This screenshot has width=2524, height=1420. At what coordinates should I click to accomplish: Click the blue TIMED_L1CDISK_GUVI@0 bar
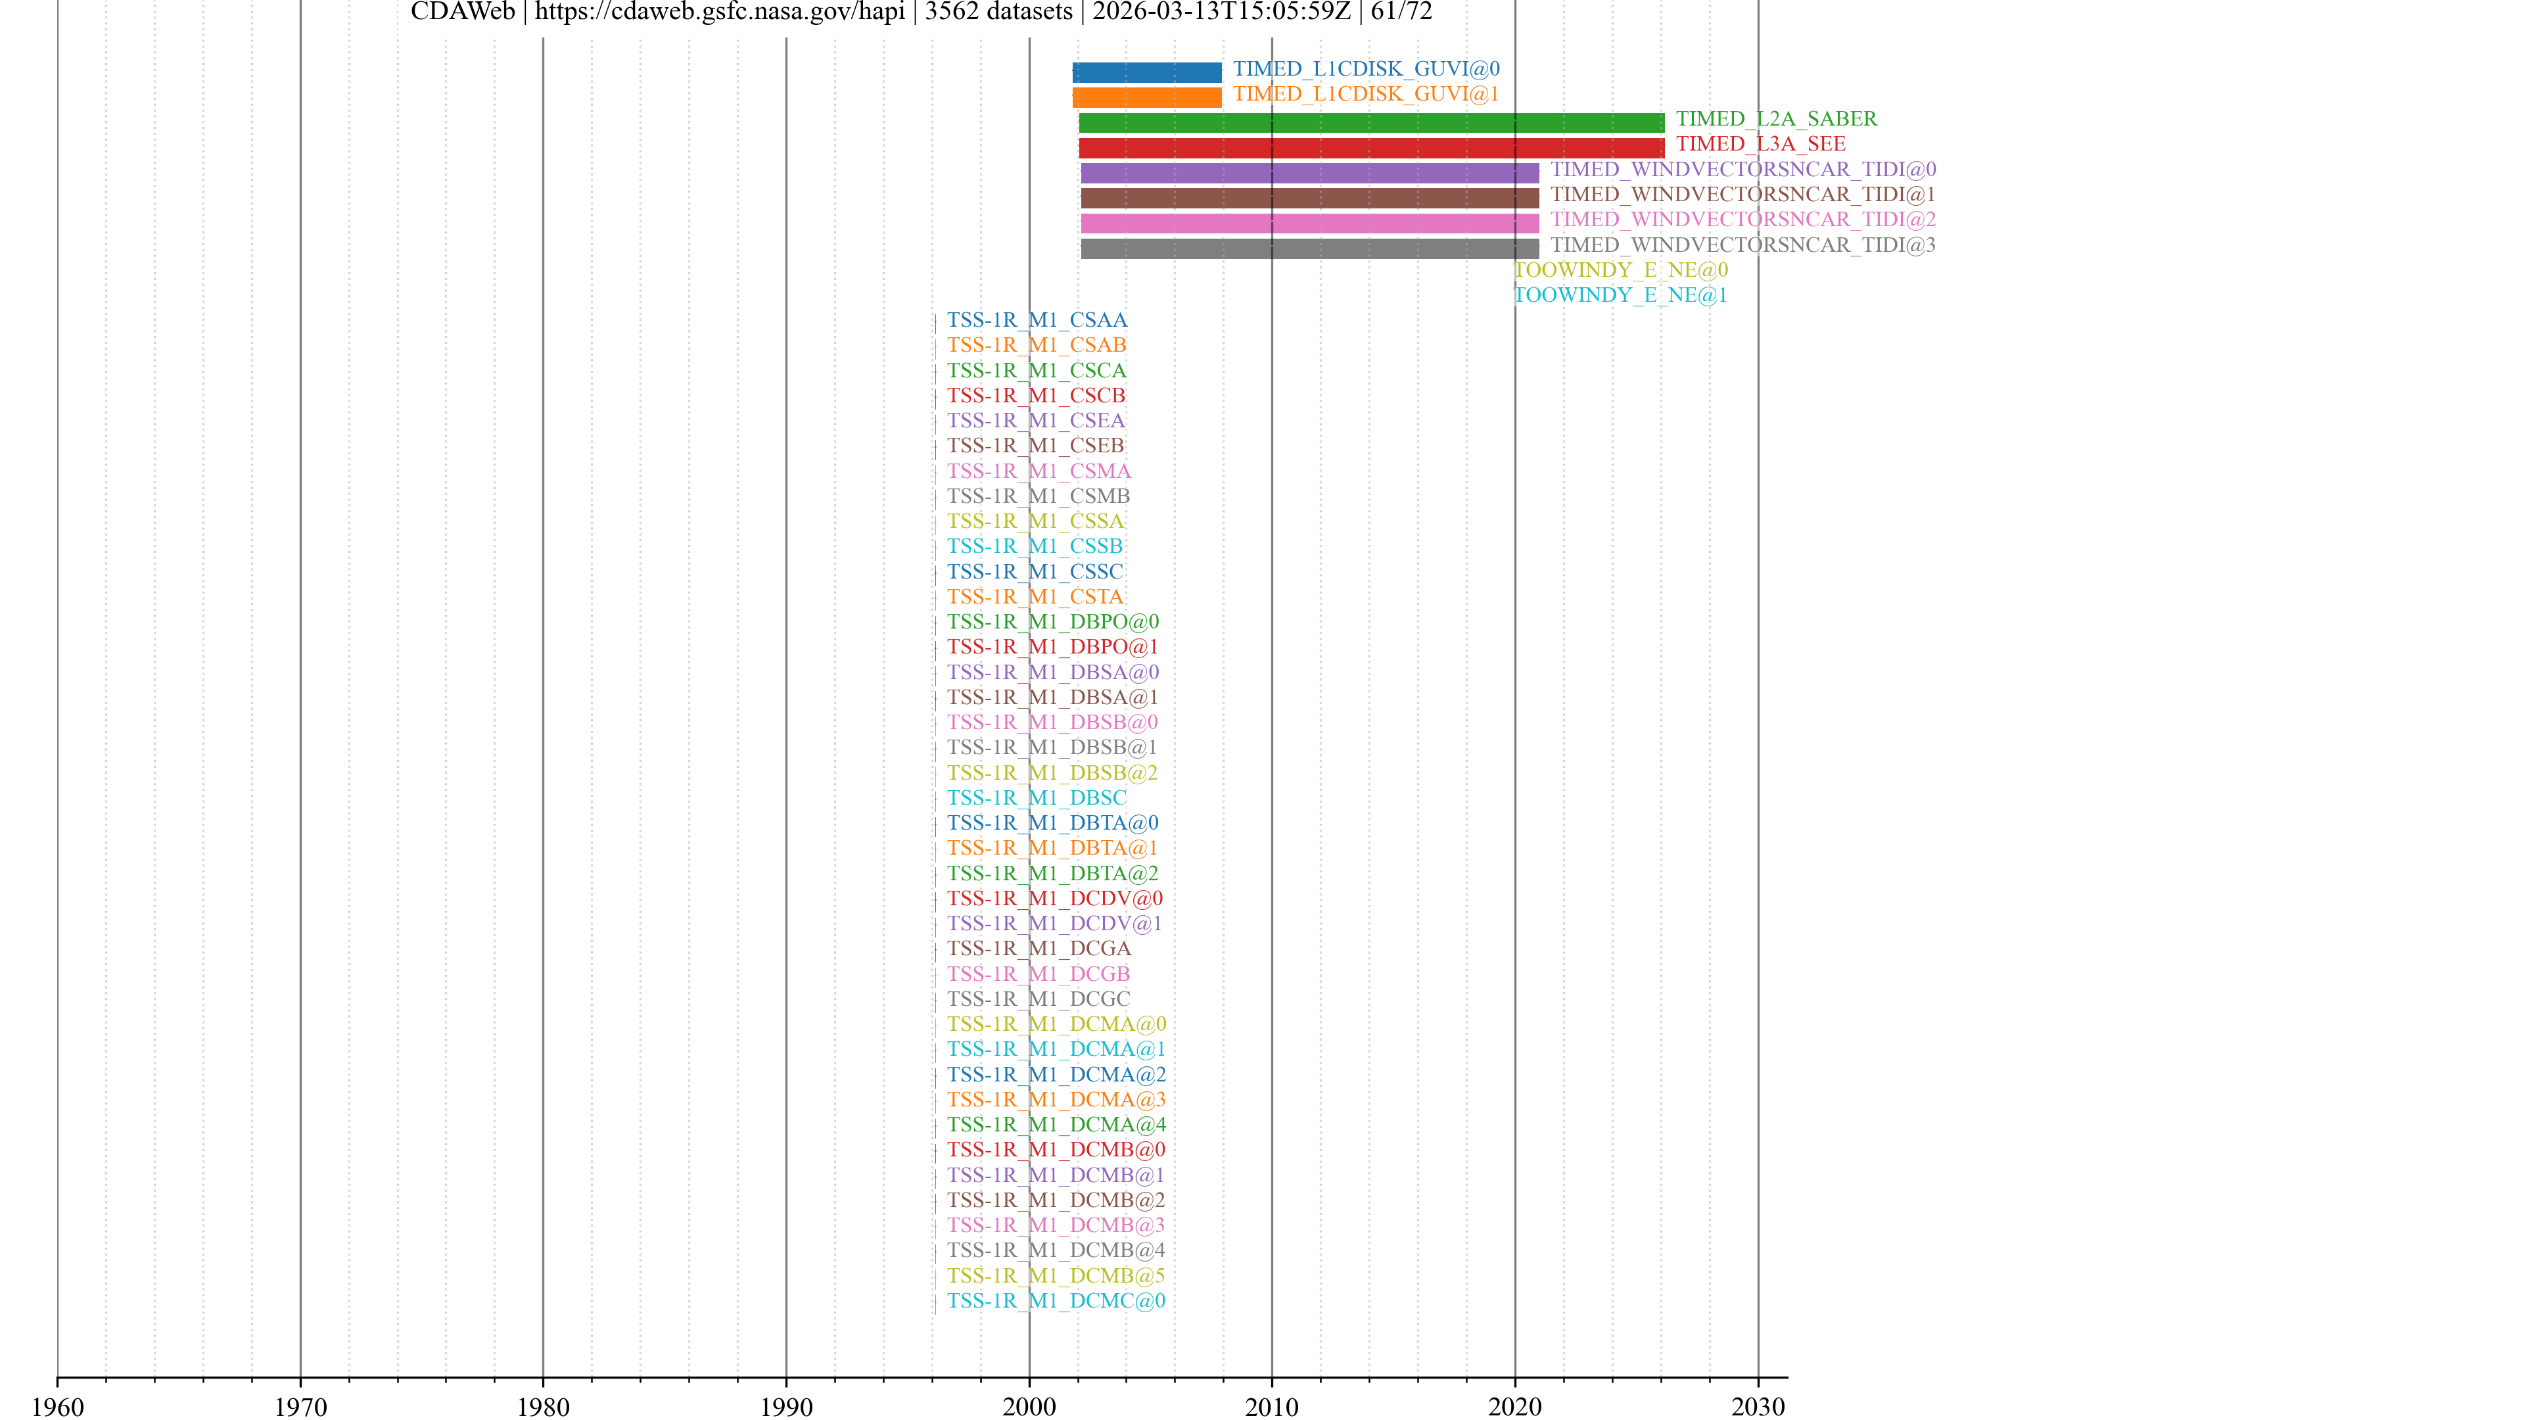coord(1146,72)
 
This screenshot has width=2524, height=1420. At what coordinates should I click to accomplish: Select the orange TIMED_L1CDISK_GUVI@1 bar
coord(1146,97)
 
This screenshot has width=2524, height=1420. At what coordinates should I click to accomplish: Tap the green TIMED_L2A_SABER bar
coord(1370,122)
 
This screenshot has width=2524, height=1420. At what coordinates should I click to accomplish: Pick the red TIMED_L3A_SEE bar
coord(1370,148)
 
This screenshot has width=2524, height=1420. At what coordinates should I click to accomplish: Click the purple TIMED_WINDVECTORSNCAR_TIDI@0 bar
coord(1309,174)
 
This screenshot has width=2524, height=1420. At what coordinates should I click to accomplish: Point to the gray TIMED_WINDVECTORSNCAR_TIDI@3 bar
coord(1309,249)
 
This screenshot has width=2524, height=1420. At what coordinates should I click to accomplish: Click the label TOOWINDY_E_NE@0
coord(1621,270)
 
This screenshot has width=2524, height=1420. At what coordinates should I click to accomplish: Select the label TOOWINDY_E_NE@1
coord(1621,295)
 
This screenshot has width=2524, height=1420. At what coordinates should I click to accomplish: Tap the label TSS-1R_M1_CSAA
coord(1037,320)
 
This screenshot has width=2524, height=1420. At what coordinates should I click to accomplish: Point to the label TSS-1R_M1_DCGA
coord(1039,949)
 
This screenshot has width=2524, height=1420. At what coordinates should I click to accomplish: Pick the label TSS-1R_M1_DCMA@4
coord(1056,1125)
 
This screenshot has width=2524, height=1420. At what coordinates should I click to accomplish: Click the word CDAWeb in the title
coord(463,12)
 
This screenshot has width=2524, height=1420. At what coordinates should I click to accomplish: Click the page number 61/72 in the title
coord(1401,12)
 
